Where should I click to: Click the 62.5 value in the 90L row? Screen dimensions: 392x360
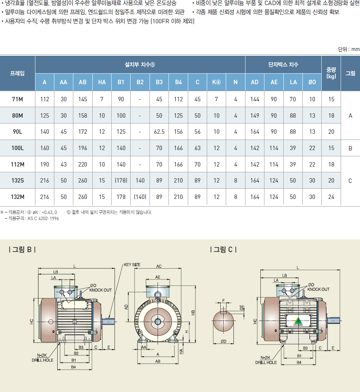[159, 132]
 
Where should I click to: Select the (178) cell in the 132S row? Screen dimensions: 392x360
[121, 181]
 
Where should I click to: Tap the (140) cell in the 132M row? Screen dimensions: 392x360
[140, 197]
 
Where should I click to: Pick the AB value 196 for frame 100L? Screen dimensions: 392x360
[83, 148]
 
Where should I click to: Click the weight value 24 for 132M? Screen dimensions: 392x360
[331, 197]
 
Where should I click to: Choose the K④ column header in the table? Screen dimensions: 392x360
[217, 82]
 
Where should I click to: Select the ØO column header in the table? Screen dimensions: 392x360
[312, 82]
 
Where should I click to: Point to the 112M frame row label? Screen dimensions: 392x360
[18, 164]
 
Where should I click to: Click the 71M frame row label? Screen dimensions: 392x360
[18, 99]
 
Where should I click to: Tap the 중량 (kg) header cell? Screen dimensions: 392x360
[331, 73]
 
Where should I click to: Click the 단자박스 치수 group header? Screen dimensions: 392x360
[283, 64]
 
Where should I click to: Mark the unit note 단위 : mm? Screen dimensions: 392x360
[349, 50]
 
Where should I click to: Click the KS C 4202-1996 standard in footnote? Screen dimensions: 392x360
[43, 218]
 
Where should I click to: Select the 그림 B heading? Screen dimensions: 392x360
[22, 250]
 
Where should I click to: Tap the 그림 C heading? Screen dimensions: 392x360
[224, 250]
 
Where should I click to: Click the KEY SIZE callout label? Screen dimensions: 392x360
[132, 265]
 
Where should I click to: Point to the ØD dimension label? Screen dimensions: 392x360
[223, 341]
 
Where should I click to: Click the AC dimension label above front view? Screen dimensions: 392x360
[159, 266]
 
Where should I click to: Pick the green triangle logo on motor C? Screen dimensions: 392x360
[298, 321]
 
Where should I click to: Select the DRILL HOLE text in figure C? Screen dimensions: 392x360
[266, 362]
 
